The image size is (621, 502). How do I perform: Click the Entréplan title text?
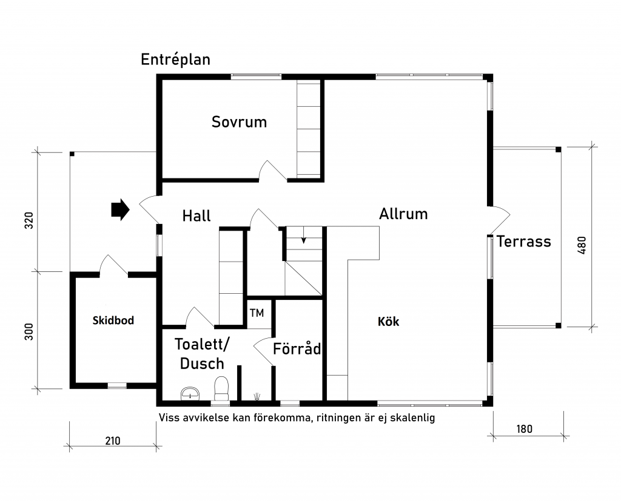pos(175,60)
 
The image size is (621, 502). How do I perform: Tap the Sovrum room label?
pos(239,122)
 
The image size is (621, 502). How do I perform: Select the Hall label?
pos(196,215)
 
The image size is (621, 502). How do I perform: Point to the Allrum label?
pos(403,214)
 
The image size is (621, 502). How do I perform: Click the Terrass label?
pos(523,241)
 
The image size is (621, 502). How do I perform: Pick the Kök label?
pos(388,321)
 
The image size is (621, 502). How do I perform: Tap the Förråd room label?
pos(297,348)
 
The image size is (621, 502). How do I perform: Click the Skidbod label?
pos(113,321)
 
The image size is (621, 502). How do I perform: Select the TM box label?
pos(257,313)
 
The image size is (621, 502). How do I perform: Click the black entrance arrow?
pos(120,209)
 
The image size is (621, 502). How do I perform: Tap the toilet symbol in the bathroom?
pos(221,388)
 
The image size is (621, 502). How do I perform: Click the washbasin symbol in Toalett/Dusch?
pos(190,393)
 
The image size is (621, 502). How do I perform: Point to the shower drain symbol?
pos(257,395)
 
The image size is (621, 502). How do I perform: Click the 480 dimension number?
pos(582,245)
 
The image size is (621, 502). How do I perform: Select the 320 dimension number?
pos(29,220)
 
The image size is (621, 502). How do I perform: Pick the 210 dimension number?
pos(113,441)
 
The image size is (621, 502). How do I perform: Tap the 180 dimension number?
pos(524,429)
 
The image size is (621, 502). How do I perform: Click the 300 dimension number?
pos(29,331)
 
